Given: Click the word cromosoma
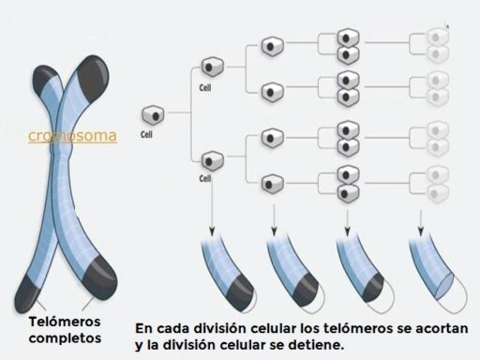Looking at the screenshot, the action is (x=72, y=136).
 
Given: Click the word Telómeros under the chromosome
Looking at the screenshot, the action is (x=65, y=322).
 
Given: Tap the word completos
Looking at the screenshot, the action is (x=65, y=338).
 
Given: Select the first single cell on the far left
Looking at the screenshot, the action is (x=153, y=115).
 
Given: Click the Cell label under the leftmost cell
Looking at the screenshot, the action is (x=146, y=135).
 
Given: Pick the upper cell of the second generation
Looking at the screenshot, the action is (x=213, y=67).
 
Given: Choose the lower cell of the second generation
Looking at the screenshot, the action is (x=213, y=161).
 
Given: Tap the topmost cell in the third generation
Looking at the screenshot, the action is (x=273, y=47).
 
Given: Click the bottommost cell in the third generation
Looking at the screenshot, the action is (x=273, y=184).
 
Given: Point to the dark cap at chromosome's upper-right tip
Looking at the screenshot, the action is (x=93, y=78).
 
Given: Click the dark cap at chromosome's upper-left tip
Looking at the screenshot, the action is (x=45, y=81).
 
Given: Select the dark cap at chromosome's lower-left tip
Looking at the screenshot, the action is (x=26, y=294).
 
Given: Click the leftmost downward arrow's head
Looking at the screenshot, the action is (x=212, y=232).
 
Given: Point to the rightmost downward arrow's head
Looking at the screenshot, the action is (x=421, y=232).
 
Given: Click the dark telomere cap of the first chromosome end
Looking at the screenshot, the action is (x=240, y=292).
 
